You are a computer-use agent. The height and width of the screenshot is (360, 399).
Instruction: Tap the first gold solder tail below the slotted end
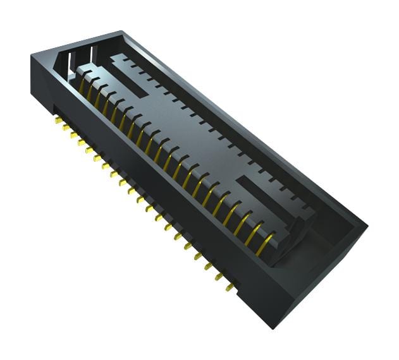click(x=58, y=119)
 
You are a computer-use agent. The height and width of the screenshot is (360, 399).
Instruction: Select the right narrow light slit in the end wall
click(x=90, y=53)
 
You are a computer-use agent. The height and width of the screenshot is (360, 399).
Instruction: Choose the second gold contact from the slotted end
click(x=90, y=91)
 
